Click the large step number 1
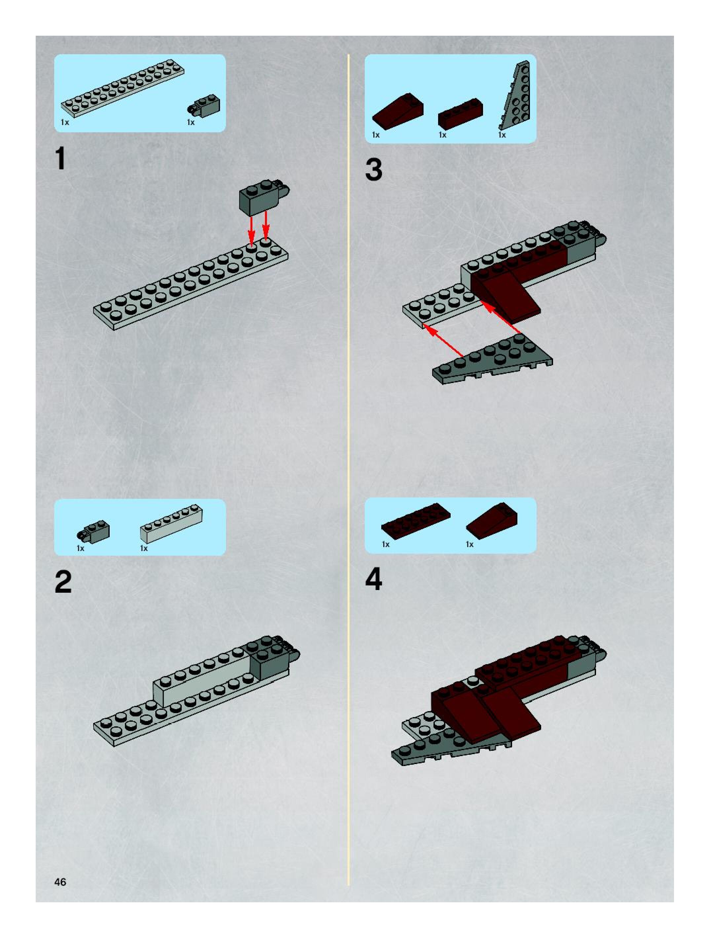click(61, 158)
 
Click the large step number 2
click(63, 582)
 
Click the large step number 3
click(374, 170)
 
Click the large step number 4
click(374, 579)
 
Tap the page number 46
click(60, 882)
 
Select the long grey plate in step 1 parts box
click(123, 88)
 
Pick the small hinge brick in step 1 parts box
click(204, 106)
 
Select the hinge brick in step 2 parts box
click(94, 532)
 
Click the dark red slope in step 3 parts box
click(398, 111)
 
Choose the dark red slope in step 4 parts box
click(492, 521)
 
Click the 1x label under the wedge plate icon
click(502, 135)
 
